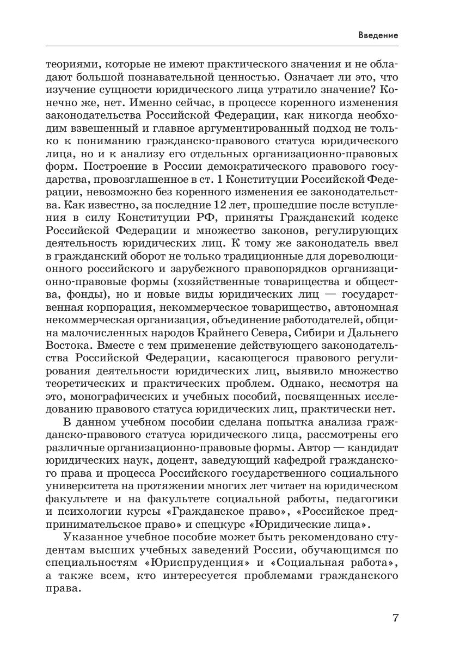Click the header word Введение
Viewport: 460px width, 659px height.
(378, 35)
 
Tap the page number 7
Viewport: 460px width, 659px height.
(395, 618)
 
